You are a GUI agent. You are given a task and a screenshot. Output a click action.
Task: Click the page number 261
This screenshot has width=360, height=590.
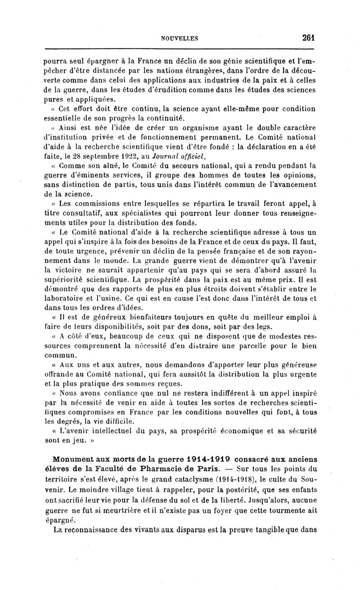(308, 38)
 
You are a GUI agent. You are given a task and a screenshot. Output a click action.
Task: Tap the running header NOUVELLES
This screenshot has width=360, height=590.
(180, 39)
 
